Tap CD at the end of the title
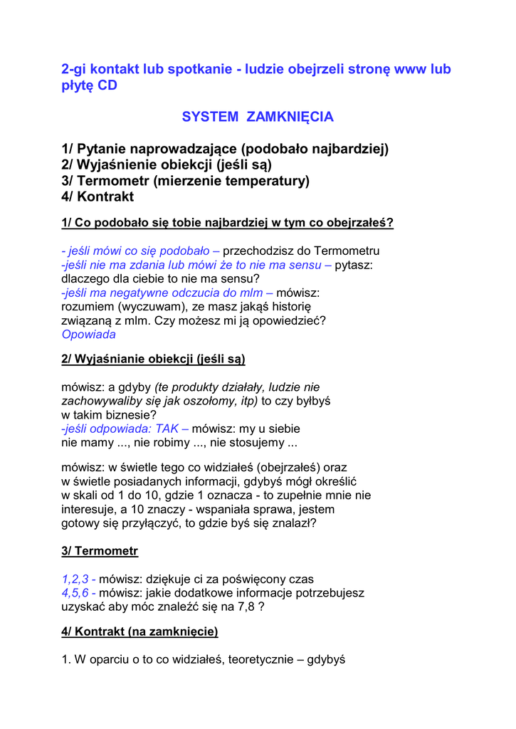pos(106,86)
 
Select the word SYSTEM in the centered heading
pos(211,117)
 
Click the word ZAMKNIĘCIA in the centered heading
pos(290,117)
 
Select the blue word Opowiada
pos(88,334)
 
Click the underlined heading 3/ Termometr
pos(100,551)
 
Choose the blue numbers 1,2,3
pos(75,579)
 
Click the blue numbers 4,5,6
pos(75,592)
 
